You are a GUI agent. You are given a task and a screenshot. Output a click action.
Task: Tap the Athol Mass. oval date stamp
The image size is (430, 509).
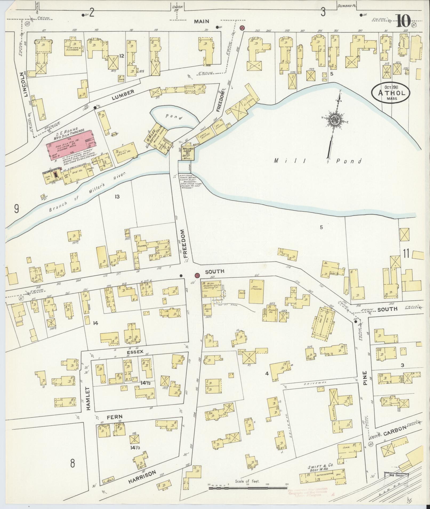click(391, 93)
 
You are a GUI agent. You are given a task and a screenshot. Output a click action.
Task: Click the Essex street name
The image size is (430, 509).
click(137, 351)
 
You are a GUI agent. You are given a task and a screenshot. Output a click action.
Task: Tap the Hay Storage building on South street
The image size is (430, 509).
click(256, 291)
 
